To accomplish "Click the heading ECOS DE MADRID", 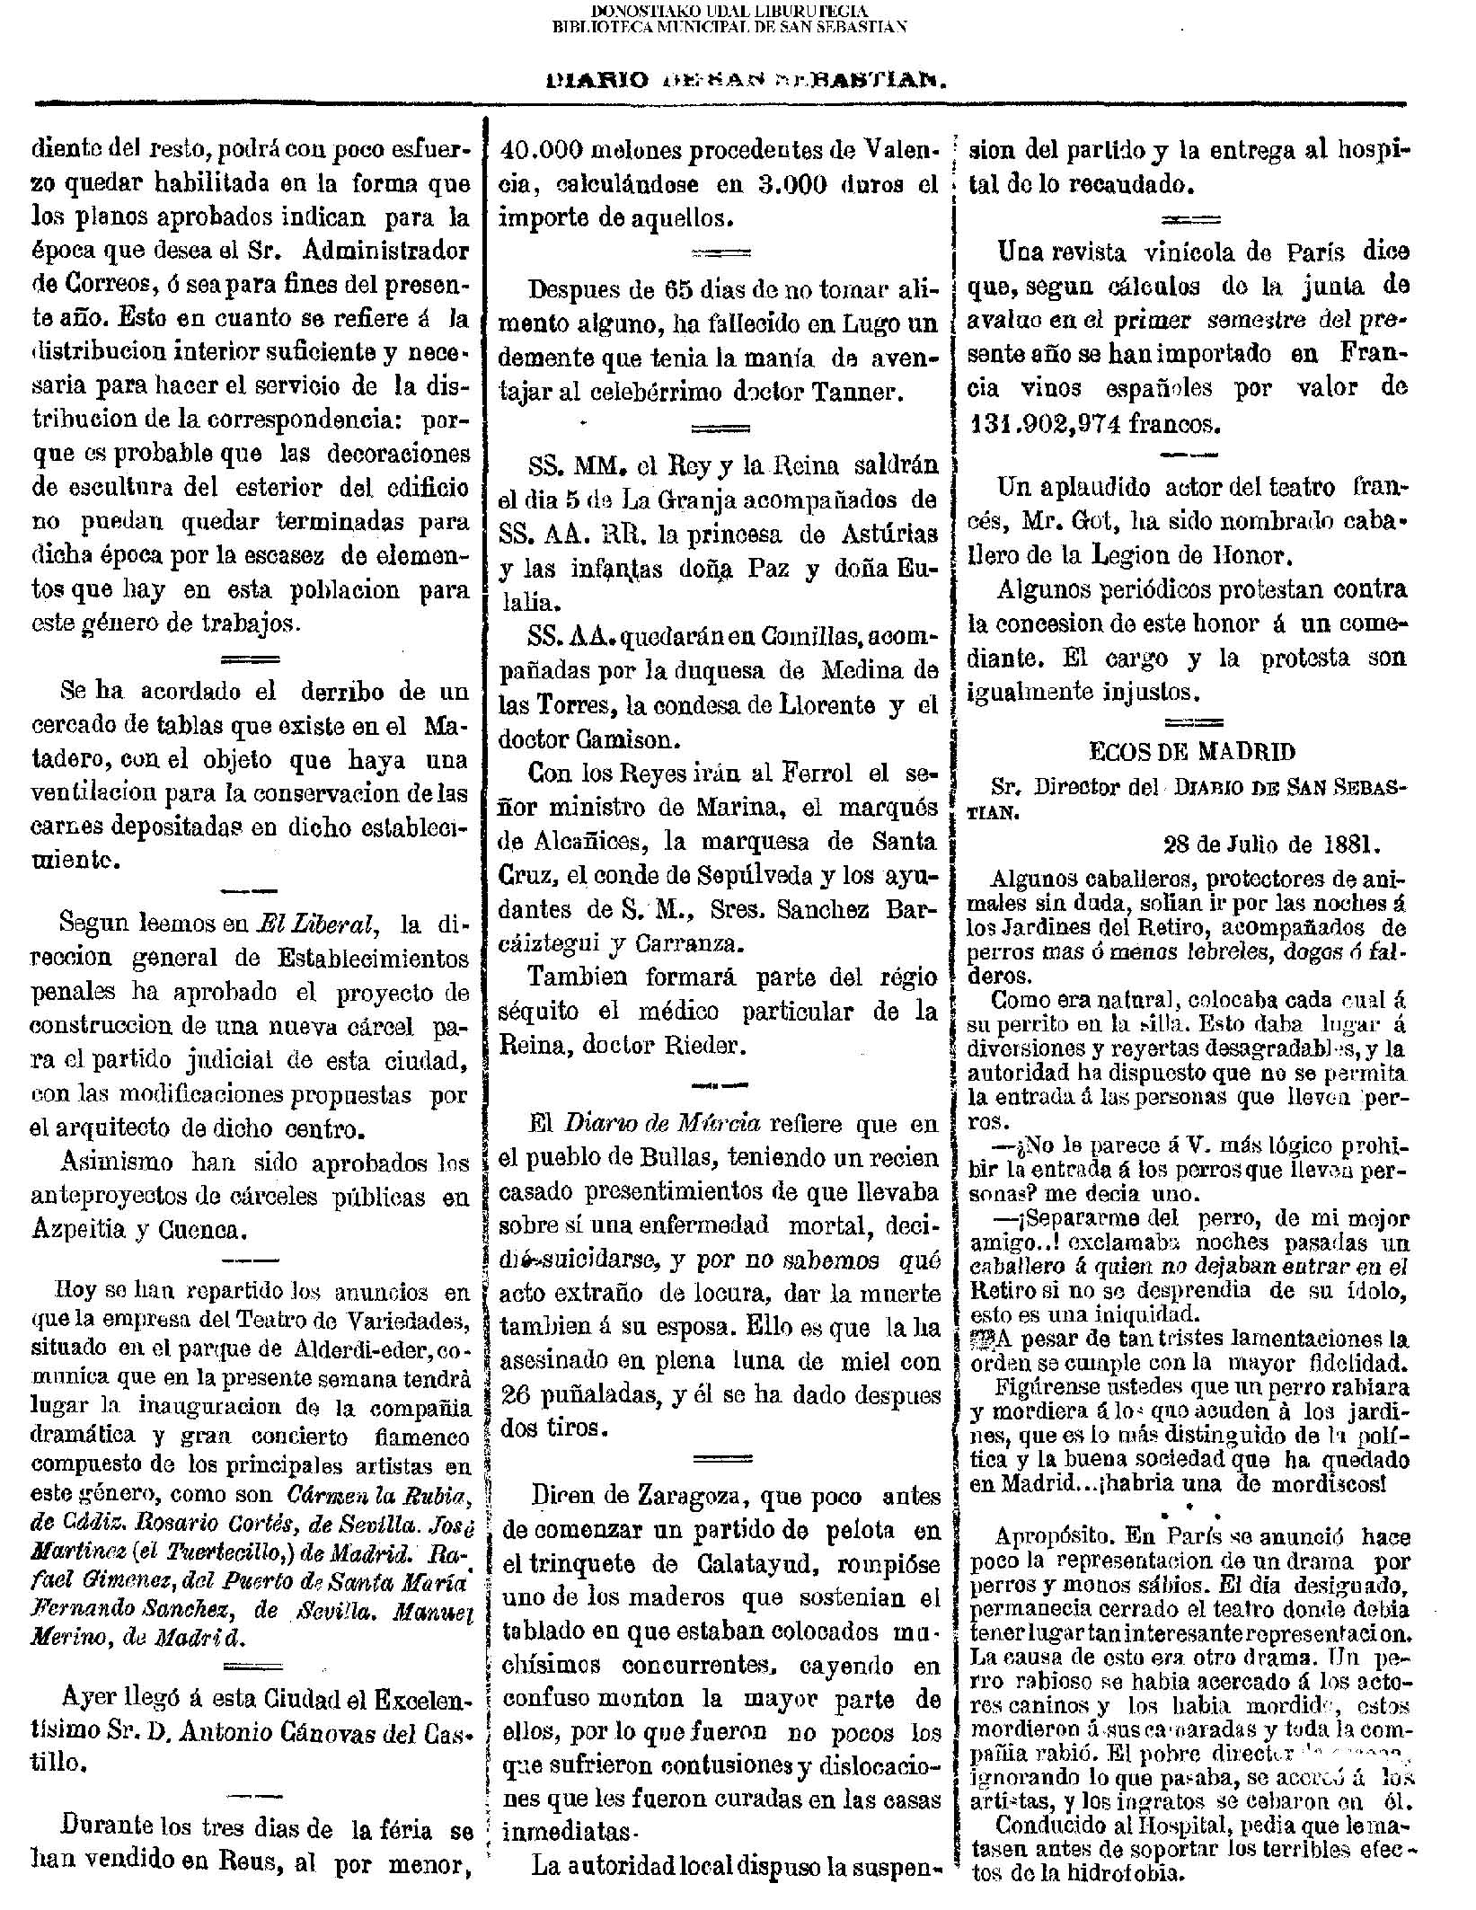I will [x=1191, y=752].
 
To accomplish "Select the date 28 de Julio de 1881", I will [x=1271, y=844].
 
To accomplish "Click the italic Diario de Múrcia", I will [x=662, y=1124].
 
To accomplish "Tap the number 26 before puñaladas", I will [x=516, y=1396].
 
